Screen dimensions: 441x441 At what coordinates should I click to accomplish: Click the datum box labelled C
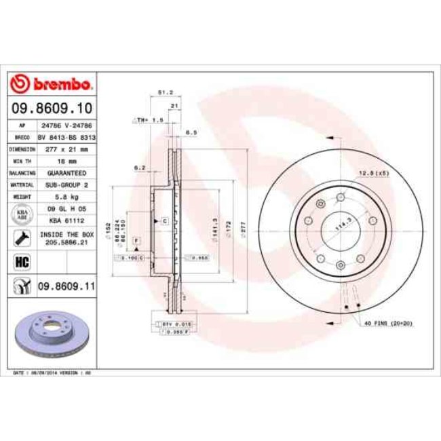[x=164, y=222]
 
